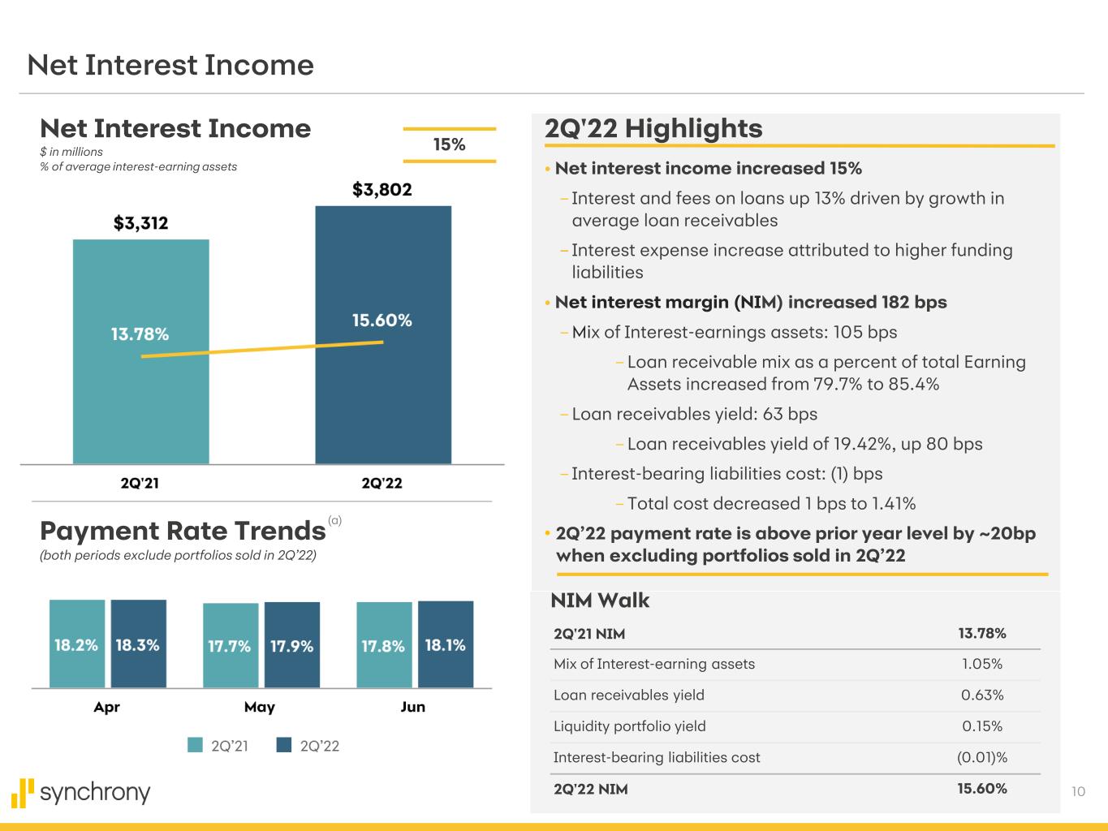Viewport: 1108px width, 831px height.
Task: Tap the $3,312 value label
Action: pos(140,223)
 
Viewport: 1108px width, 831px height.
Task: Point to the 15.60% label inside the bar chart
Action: pos(382,321)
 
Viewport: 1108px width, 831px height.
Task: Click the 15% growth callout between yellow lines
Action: pos(449,144)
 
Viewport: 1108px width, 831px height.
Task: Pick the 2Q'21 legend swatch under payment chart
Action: pos(195,745)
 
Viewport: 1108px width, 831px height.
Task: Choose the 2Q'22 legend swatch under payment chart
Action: pos(284,745)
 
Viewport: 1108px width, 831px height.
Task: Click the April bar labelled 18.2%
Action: pos(77,644)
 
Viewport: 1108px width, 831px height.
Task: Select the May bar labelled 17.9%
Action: pos(292,645)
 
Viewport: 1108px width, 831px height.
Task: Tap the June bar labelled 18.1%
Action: pos(446,644)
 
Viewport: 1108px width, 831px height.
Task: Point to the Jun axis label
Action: pos(413,707)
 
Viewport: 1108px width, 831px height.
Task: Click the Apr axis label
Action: pos(106,707)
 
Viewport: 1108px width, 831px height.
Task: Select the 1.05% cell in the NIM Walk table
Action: pos(982,664)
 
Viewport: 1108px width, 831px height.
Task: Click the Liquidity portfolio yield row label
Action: pos(629,726)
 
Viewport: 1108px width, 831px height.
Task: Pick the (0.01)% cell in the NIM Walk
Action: pos(982,757)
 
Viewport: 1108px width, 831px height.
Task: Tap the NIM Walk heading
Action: pos(600,601)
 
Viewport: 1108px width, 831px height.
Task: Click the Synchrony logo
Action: pos(81,792)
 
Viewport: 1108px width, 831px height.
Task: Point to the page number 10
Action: pos(1078,791)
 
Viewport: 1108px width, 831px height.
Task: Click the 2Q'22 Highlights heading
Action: pos(653,128)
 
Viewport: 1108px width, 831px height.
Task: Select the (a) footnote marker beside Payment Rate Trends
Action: pos(335,521)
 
